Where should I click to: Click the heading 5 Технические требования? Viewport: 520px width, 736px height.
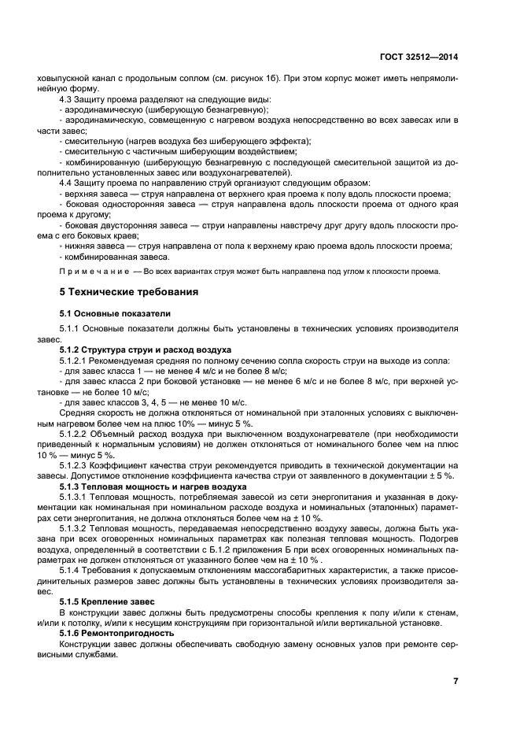pyautogui.click(x=130, y=292)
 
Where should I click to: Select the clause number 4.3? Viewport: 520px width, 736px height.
pyautogui.click(x=68, y=99)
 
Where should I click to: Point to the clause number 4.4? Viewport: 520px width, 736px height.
pyautogui.click(x=68, y=183)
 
